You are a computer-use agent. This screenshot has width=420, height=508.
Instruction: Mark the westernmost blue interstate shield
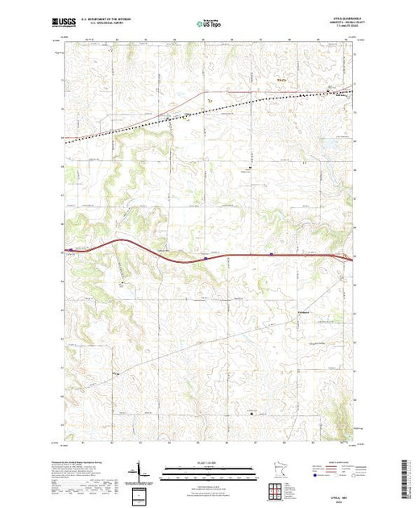(x=207, y=259)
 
